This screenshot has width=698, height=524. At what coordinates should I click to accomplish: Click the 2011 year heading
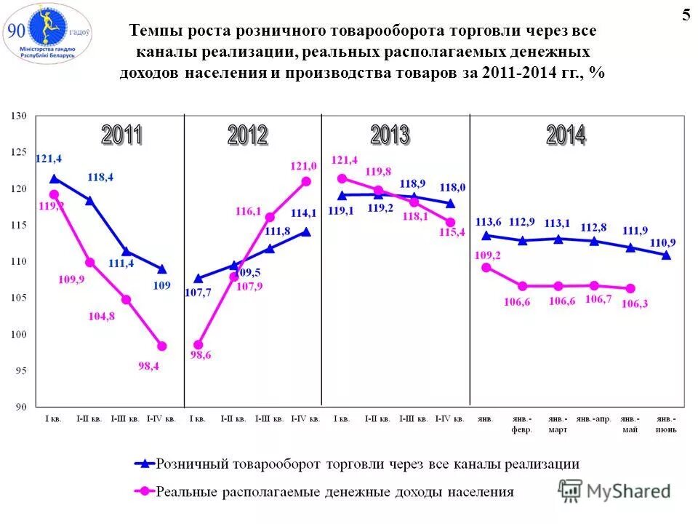(x=121, y=135)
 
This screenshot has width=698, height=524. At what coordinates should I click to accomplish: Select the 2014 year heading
(x=566, y=135)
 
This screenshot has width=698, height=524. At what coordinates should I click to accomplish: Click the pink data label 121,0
(x=305, y=167)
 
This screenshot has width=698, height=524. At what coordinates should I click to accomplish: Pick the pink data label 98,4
(x=148, y=366)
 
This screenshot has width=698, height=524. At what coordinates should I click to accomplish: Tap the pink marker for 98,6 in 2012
(x=198, y=345)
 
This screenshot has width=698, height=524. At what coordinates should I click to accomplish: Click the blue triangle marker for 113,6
(x=486, y=235)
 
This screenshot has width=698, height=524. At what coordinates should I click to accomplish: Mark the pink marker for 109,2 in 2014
(x=486, y=267)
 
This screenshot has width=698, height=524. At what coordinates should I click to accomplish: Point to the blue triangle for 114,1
(x=306, y=232)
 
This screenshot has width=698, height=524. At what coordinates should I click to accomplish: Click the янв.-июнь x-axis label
(x=666, y=424)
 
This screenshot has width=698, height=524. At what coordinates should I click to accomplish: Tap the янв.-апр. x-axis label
(x=593, y=420)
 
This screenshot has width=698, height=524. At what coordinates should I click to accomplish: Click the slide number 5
(x=686, y=16)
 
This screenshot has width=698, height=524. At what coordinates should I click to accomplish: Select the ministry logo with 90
(x=47, y=33)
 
